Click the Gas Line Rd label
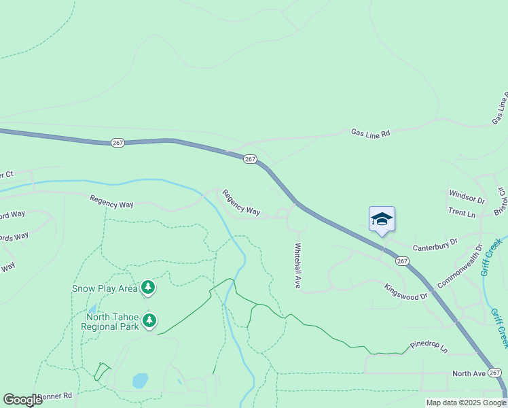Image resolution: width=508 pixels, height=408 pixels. click(370, 133)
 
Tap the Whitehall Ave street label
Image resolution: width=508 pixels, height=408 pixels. click(297, 266)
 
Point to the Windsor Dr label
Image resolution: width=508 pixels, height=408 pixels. click(467, 200)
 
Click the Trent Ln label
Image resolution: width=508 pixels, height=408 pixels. click(462, 214)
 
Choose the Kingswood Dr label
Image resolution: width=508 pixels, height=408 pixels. click(405, 292)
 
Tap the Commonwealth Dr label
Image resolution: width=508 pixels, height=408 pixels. click(459, 266)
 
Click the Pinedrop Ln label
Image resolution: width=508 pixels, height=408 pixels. click(429, 348)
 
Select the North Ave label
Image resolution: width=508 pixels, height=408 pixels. click(469, 373)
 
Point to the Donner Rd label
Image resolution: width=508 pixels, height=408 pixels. click(58, 396)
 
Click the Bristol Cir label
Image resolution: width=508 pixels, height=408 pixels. click(501, 200)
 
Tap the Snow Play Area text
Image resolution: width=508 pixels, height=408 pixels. click(105, 288)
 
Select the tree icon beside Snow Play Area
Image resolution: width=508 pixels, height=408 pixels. click(149, 288)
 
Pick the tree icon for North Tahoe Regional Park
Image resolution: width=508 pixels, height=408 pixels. click(149, 320)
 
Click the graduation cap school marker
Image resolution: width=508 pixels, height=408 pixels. click(382, 219)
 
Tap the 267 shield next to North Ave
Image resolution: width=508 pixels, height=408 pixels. click(495, 373)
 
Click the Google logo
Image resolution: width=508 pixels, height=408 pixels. click(22, 400)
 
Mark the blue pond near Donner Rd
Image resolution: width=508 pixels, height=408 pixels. click(140, 380)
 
